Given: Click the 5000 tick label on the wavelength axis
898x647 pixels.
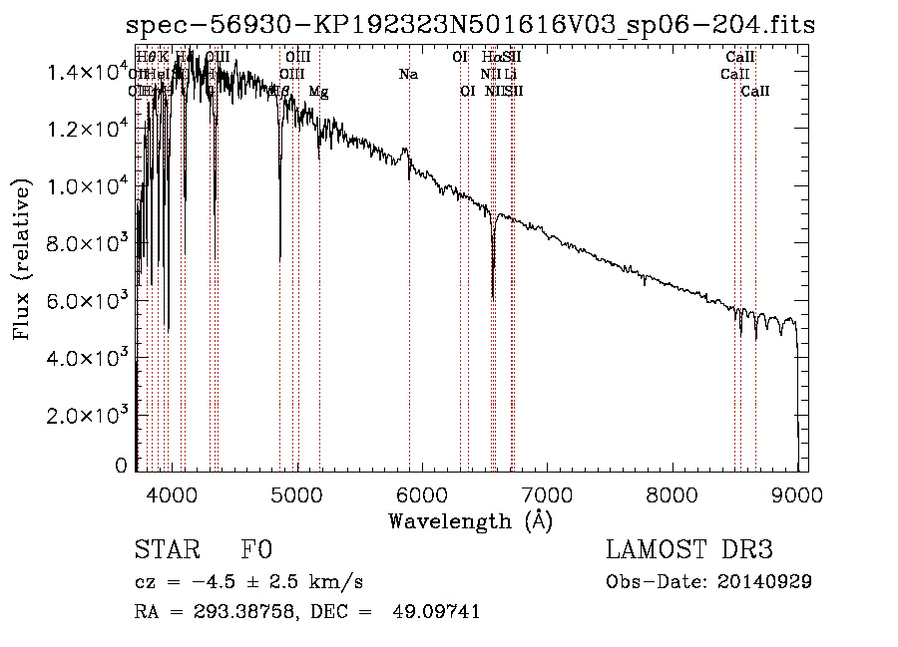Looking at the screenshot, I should pyautogui.click(x=296, y=494).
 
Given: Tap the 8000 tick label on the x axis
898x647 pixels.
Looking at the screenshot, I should pyautogui.click(x=673, y=494).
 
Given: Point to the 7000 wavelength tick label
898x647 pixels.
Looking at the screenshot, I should pyautogui.click(x=547, y=494).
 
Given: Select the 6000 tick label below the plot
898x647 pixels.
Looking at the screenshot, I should pyautogui.click(x=421, y=494).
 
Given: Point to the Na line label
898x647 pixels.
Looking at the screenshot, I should pyautogui.click(x=408, y=75).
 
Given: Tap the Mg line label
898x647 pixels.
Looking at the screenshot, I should pyautogui.click(x=318, y=92).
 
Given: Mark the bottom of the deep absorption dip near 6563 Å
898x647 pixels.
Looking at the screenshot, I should pyautogui.click(x=493, y=296).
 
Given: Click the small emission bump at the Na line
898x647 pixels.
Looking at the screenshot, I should pyautogui.click(x=405, y=152).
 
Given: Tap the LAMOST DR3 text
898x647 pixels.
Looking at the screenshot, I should pyautogui.click(x=688, y=549).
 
